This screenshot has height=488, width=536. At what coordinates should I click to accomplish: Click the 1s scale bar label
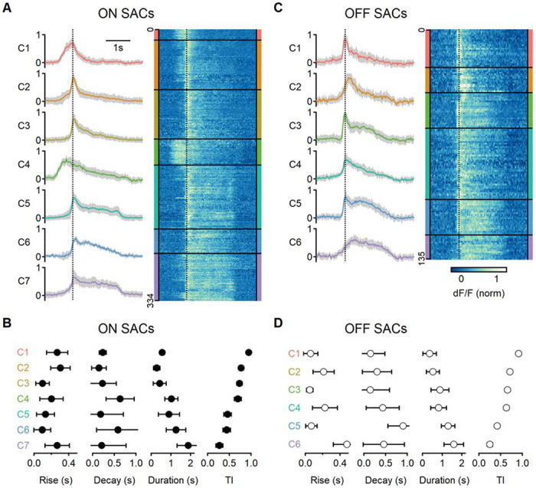tap(117, 48)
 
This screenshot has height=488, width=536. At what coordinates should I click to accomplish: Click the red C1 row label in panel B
tap(22, 352)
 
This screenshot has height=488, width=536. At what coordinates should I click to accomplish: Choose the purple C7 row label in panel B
tap(22, 445)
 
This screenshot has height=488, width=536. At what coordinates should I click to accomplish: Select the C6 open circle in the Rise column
tap(346, 444)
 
